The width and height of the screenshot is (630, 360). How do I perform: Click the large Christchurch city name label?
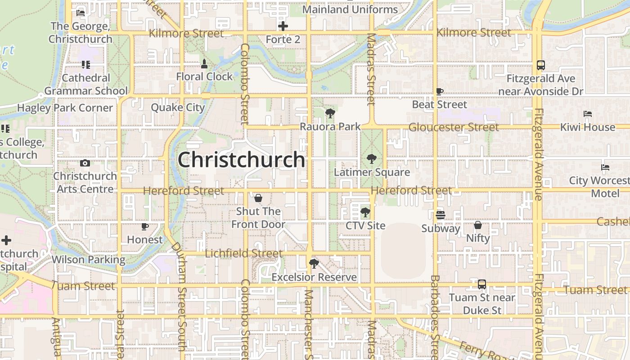pos(242,160)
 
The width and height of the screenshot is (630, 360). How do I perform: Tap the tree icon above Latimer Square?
pos(371,158)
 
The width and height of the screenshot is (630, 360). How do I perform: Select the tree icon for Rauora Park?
pos(330,113)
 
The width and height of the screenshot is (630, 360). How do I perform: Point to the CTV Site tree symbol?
pos(365,212)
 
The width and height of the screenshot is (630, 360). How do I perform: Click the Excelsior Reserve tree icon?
pos(314,263)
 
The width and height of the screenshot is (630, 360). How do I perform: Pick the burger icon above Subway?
pos(441,215)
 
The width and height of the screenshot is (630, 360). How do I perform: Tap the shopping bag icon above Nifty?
pos(478,225)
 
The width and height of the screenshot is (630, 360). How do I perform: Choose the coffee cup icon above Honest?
pos(144,226)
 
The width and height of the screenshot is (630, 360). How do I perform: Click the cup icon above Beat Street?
pos(440,91)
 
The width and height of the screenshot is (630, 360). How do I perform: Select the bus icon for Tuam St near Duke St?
pos(482,284)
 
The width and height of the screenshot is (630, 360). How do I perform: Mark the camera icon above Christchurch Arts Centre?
pos(85,163)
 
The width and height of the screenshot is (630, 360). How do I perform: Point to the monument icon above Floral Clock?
pos(204,63)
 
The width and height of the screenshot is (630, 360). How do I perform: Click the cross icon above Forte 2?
pos(283,26)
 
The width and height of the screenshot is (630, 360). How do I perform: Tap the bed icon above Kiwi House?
pos(587,114)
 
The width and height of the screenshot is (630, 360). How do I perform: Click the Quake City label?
pos(178,108)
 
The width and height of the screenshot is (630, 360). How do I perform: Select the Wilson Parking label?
pos(89,260)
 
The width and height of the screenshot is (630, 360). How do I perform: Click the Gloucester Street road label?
pos(453,127)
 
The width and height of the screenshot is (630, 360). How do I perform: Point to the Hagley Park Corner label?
pos(65,108)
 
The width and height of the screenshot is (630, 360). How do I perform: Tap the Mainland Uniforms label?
pos(350,9)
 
